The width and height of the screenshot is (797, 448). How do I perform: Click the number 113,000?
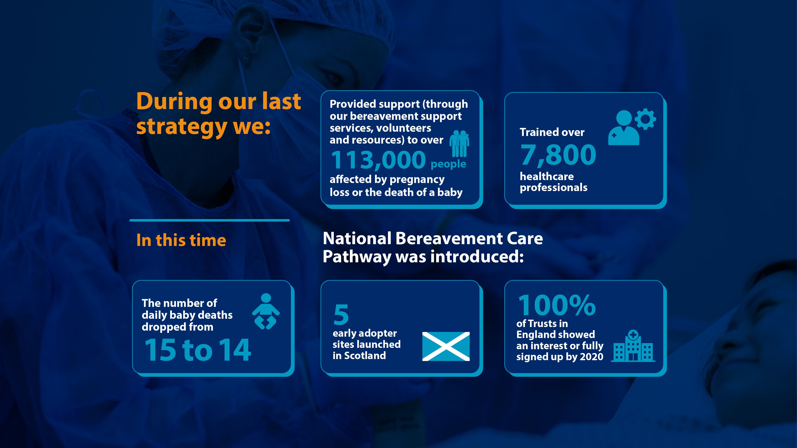tap(378, 160)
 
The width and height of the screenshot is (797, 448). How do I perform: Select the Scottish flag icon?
tap(446, 346)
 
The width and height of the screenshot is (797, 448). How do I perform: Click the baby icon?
tap(266, 311)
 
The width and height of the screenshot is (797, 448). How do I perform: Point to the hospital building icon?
tap(633, 346)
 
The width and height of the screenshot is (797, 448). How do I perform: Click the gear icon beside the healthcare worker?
tap(645, 119)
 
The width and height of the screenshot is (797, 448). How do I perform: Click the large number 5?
tap(341, 314)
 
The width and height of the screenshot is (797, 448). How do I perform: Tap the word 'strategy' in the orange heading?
tap(182, 127)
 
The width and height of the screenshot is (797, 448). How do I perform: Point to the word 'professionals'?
tap(554, 187)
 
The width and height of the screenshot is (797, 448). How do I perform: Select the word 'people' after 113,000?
tap(448, 164)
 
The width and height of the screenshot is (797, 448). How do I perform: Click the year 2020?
tap(591, 357)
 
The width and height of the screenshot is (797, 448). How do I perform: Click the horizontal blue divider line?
tap(210, 220)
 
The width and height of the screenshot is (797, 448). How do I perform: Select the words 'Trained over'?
tap(552, 132)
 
